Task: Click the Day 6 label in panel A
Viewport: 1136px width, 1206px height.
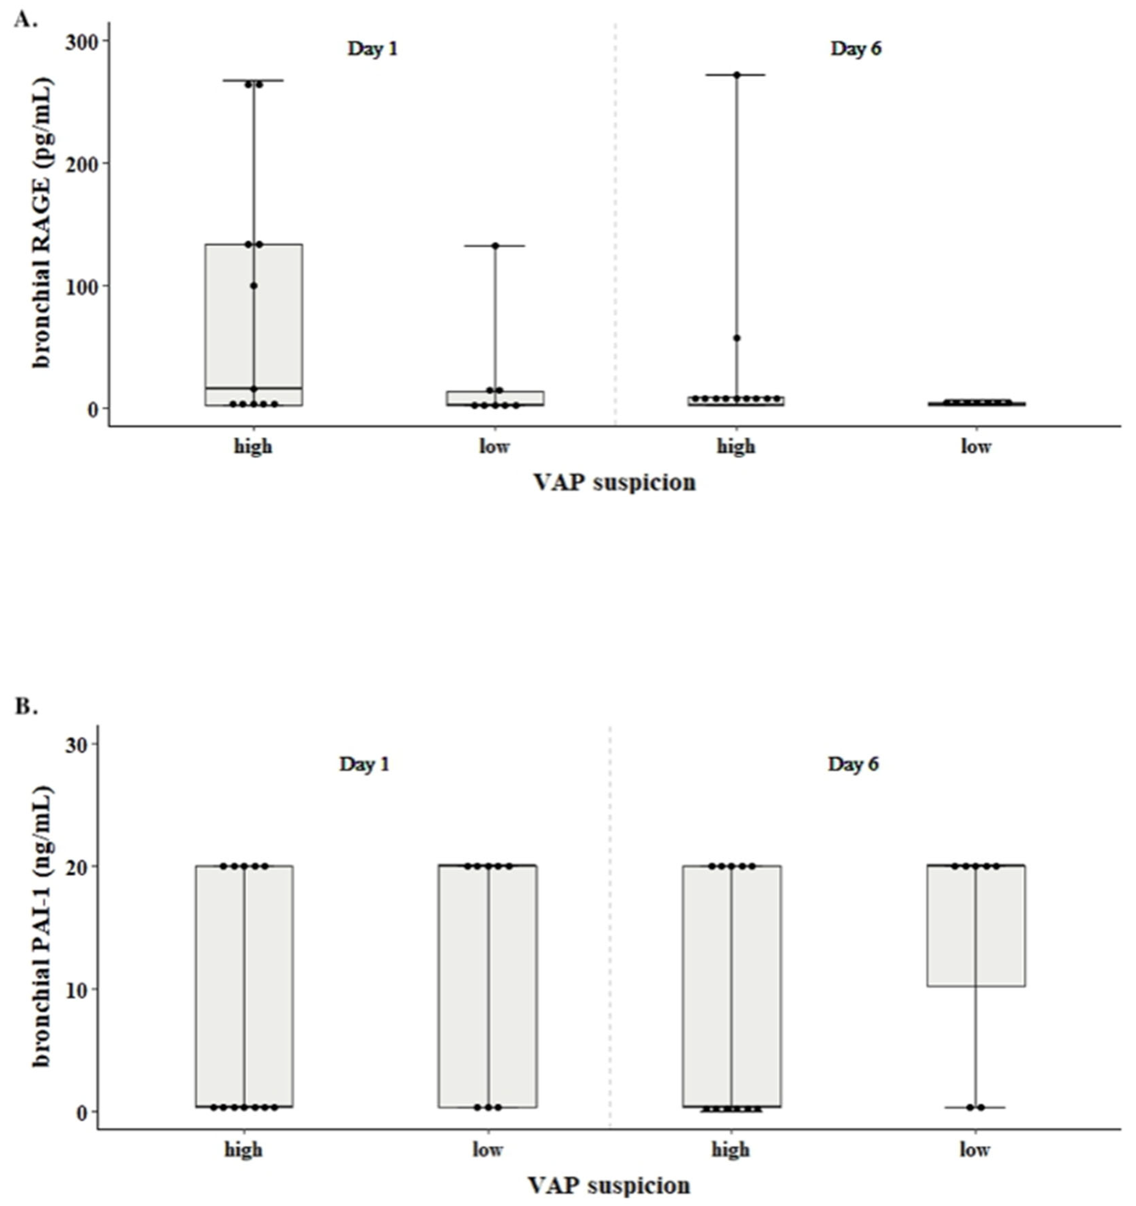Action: [856, 49]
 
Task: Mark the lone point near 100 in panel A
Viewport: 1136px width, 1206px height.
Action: [254, 286]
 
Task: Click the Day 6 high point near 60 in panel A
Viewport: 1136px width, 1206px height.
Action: [737, 338]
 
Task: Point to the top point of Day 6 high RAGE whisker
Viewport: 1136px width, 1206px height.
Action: [737, 75]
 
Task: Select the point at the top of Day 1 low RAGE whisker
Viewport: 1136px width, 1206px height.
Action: [495, 246]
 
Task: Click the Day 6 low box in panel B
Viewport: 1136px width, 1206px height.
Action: [975, 925]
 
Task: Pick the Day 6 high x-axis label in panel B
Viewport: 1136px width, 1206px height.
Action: [731, 1150]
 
